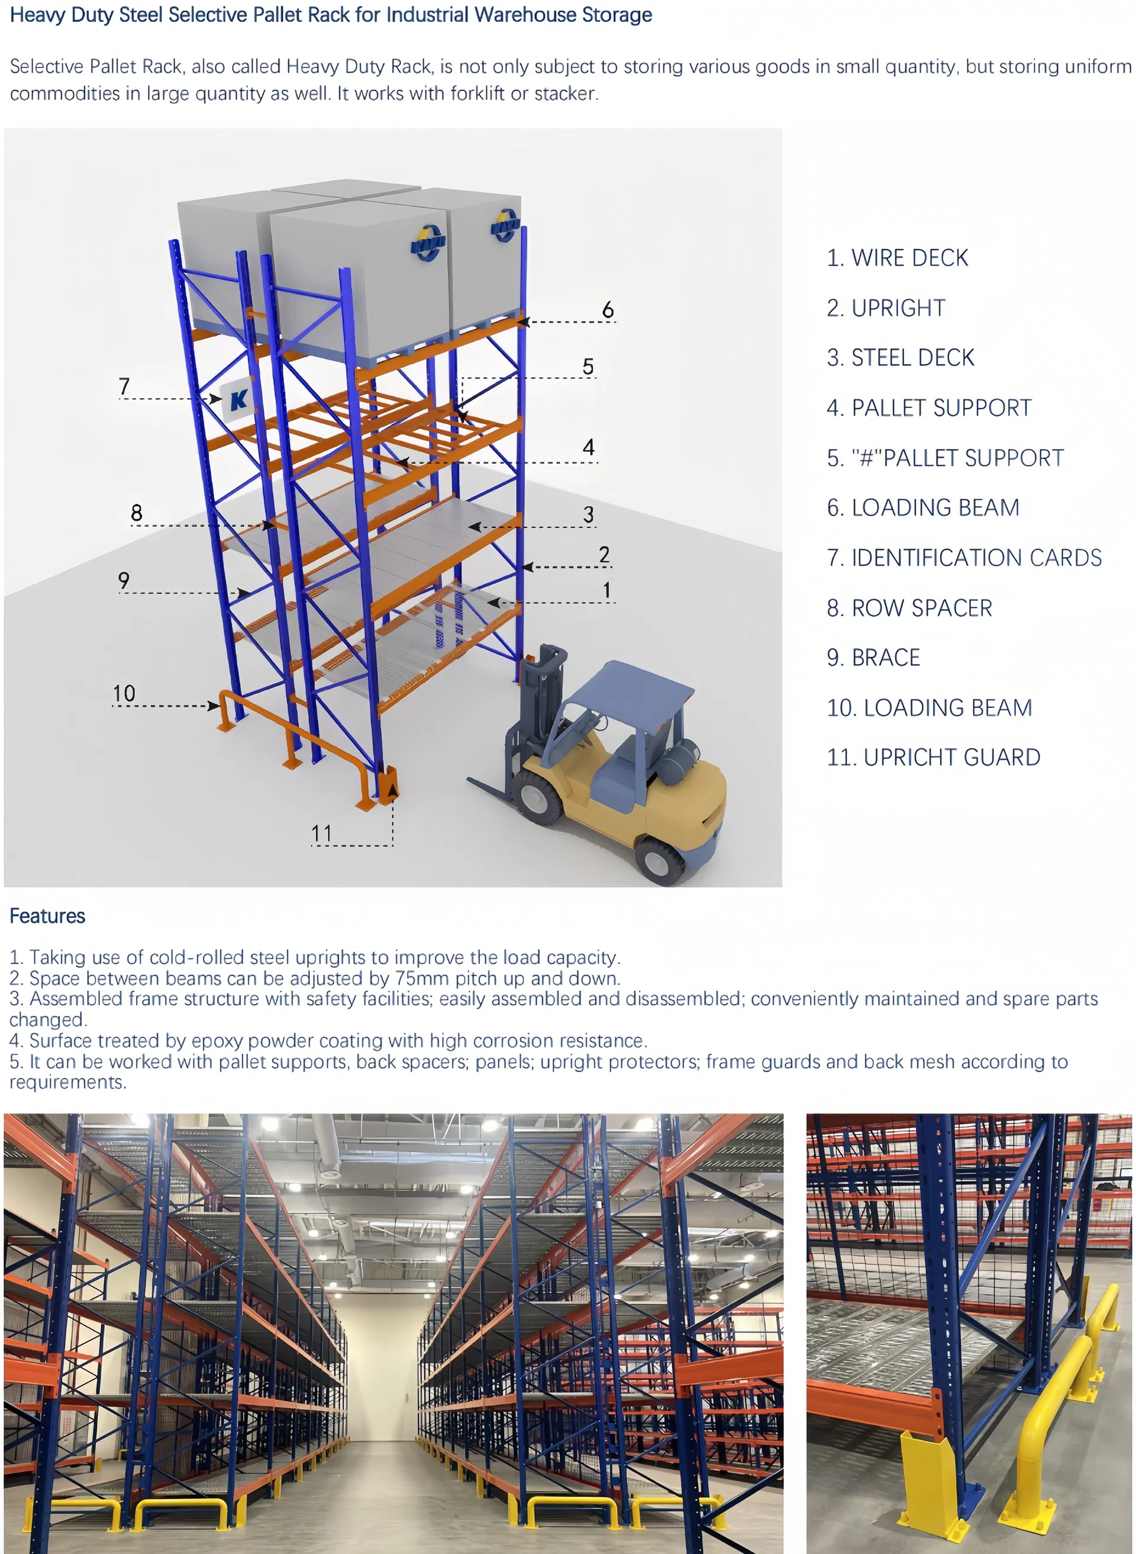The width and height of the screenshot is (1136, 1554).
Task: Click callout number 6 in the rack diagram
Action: pyautogui.click(x=607, y=310)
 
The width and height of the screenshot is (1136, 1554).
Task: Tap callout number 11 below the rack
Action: pyautogui.click(x=321, y=834)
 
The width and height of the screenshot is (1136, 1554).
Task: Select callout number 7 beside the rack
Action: pyautogui.click(x=124, y=386)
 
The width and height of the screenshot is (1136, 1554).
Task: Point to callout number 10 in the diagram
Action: pyautogui.click(x=124, y=693)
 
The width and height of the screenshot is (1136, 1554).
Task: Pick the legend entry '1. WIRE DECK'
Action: pyautogui.click(x=897, y=258)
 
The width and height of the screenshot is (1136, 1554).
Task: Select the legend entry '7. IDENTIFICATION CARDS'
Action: pyautogui.click(x=963, y=558)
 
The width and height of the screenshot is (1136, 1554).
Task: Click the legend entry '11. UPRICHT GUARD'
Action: pyautogui.click(x=933, y=757)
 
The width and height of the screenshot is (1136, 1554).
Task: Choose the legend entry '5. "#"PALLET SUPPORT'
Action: pyautogui.click(x=945, y=458)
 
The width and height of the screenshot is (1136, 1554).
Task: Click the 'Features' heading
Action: pyautogui.click(x=47, y=916)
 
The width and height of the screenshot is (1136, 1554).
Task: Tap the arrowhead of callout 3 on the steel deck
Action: pyautogui.click(x=474, y=527)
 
